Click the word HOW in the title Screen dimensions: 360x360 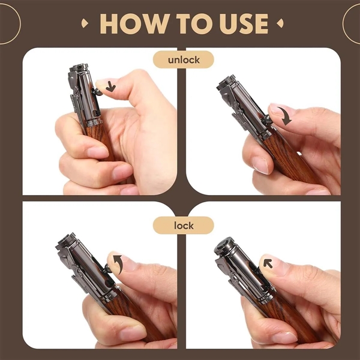(134, 23)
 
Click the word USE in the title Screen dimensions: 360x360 (244, 23)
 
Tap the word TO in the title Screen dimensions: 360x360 (194, 23)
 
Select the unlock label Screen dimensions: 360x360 (184, 60)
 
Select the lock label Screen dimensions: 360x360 (184, 226)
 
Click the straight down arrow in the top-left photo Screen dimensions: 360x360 (110, 87)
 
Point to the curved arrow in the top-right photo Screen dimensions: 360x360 (285, 115)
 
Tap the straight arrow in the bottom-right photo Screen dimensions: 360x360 (268, 263)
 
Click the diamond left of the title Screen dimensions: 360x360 (85, 23)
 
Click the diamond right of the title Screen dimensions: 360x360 (280, 23)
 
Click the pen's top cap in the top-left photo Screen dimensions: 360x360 (79, 68)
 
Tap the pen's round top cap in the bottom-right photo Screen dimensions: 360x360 (224, 247)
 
